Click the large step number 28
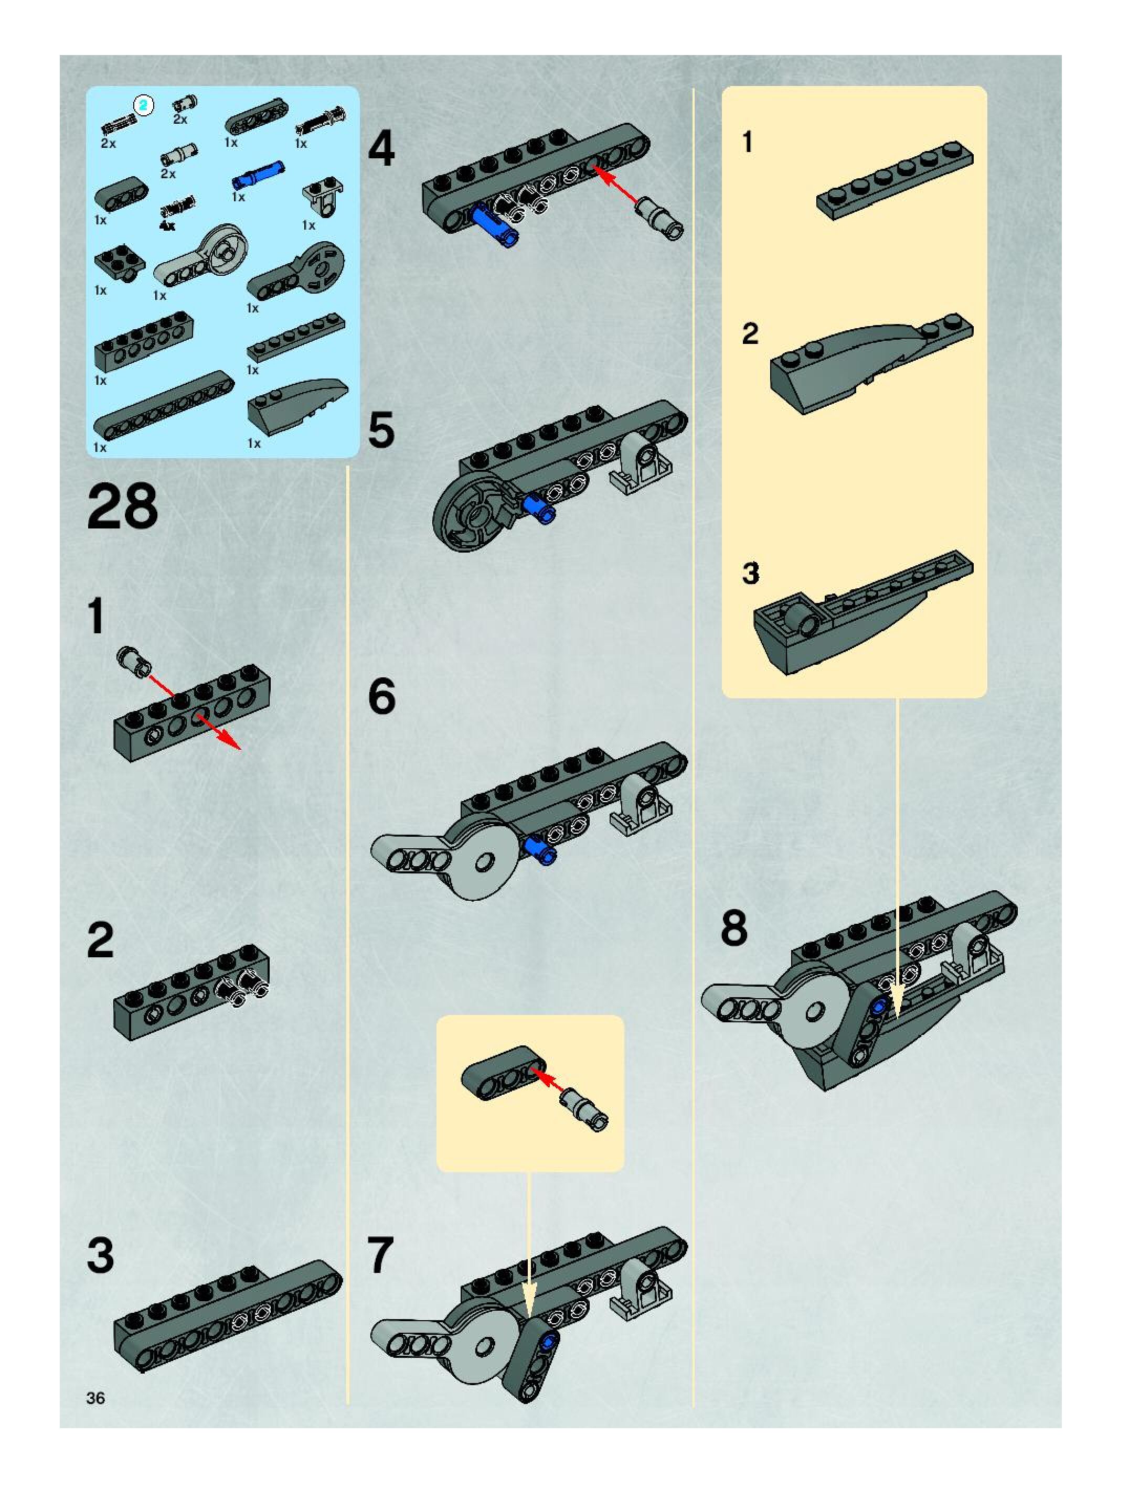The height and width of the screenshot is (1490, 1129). (x=122, y=506)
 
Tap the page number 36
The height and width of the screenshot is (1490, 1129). (x=95, y=1398)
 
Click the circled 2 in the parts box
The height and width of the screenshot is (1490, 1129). (x=144, y=105)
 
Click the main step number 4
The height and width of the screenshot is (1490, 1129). (x=381, y=149)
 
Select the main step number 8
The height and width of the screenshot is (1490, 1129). (x=733, y=927)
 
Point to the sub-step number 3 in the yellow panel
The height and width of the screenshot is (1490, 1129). (x=750, y=573)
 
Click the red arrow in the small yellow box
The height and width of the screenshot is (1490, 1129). (x=547, y=1078)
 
